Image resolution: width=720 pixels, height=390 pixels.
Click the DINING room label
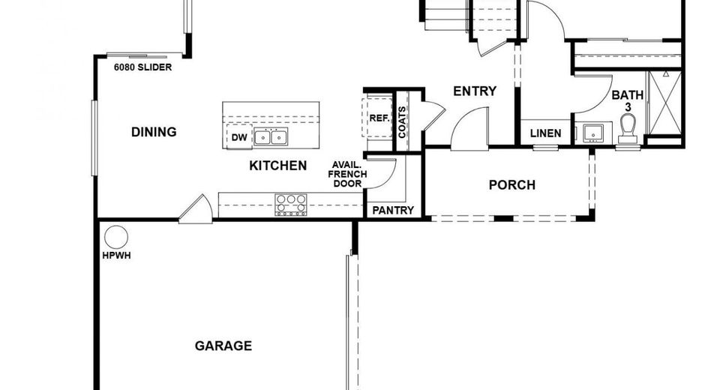click(x=154, y=132)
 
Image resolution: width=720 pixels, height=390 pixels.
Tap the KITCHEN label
click(x=277, y=166)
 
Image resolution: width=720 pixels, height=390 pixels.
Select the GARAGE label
click(x=223, y=346)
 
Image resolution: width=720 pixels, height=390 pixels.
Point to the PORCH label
click(x=512, y=184)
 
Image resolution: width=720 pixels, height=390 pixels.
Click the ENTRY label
click(x=475, y=91)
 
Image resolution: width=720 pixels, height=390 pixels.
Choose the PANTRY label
click(x=393, y=210)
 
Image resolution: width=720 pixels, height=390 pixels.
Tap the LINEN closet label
click(x=545, y=133)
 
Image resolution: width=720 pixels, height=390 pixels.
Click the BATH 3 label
click(x=627, y=100)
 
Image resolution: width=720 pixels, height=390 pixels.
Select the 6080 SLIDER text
click(x=142, y=67)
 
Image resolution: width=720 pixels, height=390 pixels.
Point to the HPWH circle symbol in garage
click(x=115, y=237)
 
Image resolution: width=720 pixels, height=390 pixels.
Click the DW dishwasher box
click(x=239, y=137)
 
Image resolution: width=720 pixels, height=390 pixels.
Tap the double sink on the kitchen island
click(x=270, y=136)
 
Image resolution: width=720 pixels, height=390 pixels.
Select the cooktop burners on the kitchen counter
click(x=291, y=204)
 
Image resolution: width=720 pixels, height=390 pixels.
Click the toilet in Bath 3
click(x=628, y=133)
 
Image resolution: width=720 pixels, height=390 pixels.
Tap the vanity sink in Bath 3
click(x=593, y=133)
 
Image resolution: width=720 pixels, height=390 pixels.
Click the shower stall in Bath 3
click(x=664, y=104)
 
